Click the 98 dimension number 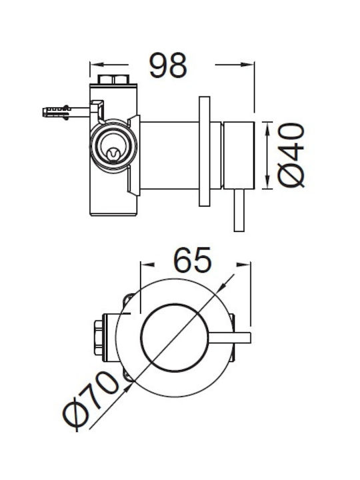168,65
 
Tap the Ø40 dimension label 291,155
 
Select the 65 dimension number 192,260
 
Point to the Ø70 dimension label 91,401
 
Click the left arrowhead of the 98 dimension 97,65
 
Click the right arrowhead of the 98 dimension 247,65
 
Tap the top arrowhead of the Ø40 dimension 267,128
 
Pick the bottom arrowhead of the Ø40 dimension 267,183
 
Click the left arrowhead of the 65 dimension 147,265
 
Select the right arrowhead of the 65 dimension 244,265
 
